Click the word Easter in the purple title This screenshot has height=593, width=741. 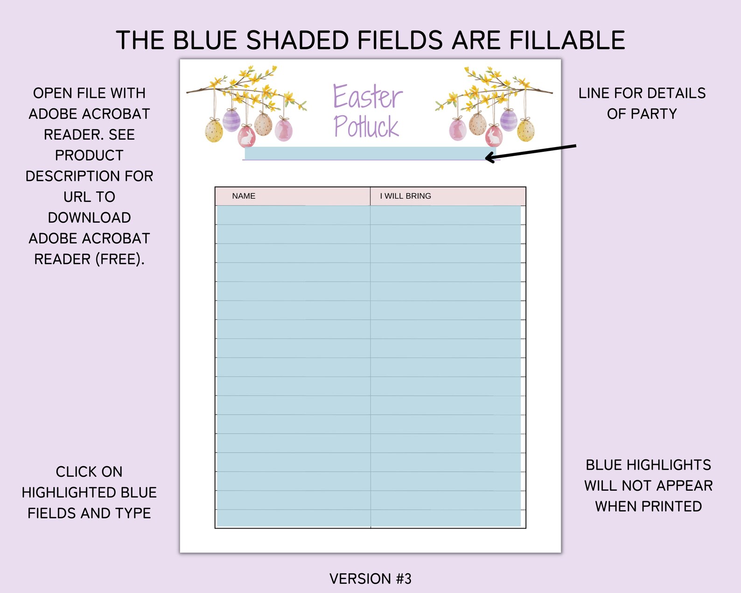pos(368,97)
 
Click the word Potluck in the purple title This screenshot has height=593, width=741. pos(366,126)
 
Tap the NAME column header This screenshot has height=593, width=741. pos(244,196)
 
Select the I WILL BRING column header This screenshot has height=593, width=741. pos(405,196)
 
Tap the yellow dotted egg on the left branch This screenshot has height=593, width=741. pos(214,130)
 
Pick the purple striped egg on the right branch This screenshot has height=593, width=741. pos(508,120)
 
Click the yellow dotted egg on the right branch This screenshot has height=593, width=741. pos(526,130)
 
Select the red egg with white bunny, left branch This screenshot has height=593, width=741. pos(246,136)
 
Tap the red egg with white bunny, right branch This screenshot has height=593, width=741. pos(494,136)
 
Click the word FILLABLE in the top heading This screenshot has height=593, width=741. pos(567,40)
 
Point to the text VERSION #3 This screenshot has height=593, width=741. pos(370,579)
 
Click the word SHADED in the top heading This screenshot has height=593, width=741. pos(297,40)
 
